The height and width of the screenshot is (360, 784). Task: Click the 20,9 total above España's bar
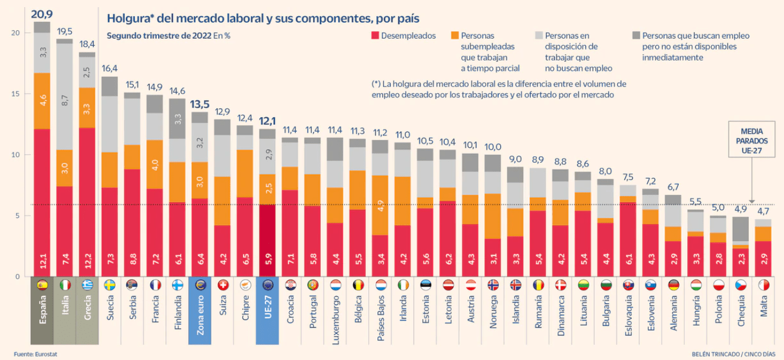point(42,14)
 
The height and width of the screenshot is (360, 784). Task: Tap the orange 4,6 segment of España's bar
point(42,101)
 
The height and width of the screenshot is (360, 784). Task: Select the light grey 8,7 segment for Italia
point(64,97)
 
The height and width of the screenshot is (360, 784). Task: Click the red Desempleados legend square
point(375,36)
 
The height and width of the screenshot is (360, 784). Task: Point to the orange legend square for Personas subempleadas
point(454,36)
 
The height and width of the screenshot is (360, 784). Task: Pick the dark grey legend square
point(636,36)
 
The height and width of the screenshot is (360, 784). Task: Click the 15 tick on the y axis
point(15,94)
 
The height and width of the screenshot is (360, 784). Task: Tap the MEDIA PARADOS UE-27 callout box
point(751,140)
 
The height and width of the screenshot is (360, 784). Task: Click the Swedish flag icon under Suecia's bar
point(109,285)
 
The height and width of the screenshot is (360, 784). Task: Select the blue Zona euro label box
point(200,310)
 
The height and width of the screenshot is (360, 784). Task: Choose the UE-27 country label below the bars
point(268,307)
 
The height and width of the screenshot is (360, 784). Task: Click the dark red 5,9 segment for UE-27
point(267,241)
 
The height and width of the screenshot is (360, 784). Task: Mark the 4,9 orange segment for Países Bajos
point(380,205)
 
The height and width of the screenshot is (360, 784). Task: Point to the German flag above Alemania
point(674,285)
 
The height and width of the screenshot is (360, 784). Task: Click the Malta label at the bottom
point(764,306)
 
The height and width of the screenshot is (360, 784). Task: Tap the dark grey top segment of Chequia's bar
point(741,229)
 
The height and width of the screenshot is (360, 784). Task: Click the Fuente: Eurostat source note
point(36,354)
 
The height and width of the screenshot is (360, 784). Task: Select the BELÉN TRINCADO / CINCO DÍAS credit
point(734,354)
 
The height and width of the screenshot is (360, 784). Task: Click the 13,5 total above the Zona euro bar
point(200,104)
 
